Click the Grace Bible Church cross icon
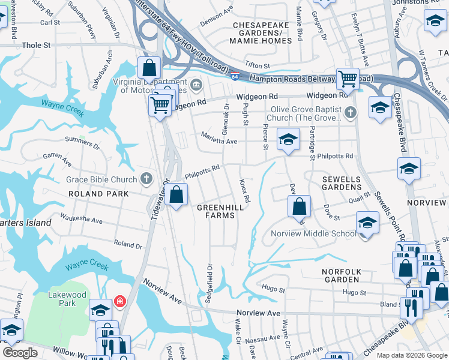click(146, 178)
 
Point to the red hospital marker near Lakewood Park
click(120, 301)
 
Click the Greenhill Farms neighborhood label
click(220, 211)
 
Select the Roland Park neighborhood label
click(98, 194)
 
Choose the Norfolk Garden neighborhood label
click(342, 276)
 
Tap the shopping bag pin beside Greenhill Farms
click(176, 195)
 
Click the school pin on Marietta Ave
click(288, 140)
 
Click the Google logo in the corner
click(20, 353)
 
